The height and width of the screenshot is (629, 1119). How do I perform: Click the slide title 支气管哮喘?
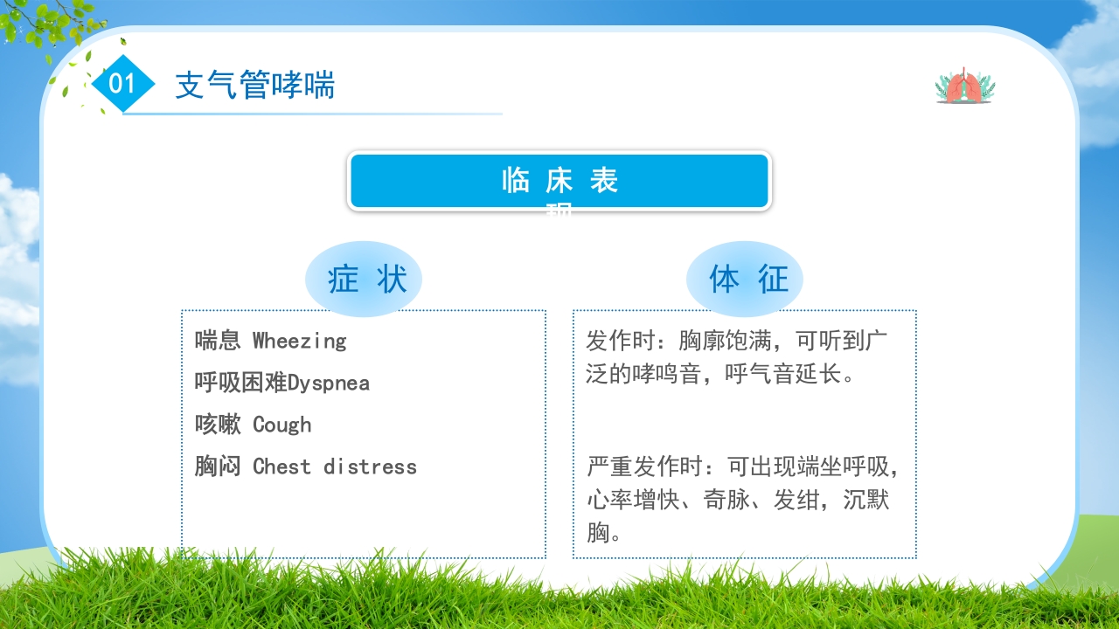[254, 86]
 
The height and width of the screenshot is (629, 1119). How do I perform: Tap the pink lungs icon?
[964, 86]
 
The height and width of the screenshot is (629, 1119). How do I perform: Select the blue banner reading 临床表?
[559, 182]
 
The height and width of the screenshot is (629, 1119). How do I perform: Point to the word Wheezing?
[299, 341]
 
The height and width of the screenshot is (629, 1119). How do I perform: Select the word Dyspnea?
[329, 383]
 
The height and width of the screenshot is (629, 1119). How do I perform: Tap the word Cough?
[281, 425]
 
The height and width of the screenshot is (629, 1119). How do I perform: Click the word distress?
[370, 467]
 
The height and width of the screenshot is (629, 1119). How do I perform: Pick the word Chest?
[281, 467]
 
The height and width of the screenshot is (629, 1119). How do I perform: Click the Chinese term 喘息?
[218, 341]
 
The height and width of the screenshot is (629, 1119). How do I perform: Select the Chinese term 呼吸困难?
[240, 383]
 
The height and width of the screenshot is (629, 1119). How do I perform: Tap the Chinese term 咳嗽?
[218, 425]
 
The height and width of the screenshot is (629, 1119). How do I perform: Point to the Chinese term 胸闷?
[218, 467]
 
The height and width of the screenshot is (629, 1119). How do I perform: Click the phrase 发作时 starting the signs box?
[620, 341]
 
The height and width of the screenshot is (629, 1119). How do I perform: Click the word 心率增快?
[632, 501]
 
